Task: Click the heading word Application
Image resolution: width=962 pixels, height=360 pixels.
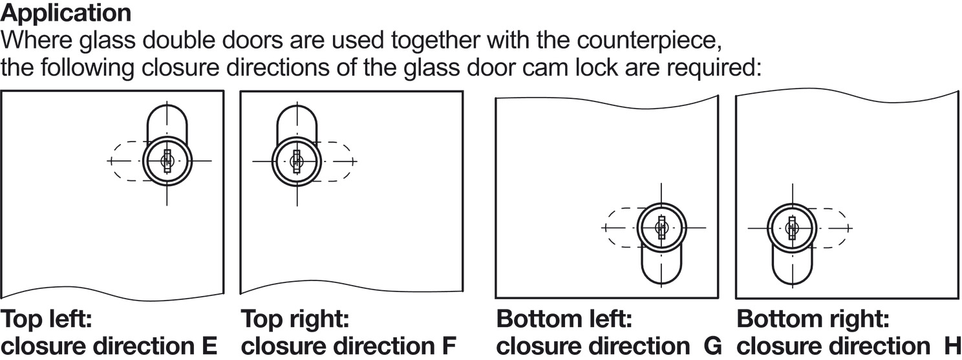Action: (67, 12)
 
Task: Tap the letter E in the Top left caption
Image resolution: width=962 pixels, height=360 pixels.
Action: (209, 346)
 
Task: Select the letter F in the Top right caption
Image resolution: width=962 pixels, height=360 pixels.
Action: (449, 346)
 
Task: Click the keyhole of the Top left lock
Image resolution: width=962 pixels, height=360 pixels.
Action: (167, 161)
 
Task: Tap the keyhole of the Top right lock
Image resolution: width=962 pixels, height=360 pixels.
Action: (297, 161)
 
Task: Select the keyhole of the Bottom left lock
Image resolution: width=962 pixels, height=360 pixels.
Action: (661, 228)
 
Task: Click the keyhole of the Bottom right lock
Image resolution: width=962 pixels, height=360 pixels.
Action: (792, 228)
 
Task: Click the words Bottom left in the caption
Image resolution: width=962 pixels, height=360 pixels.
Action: (564, 320)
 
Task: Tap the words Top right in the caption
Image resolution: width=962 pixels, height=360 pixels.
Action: (295, 320)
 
